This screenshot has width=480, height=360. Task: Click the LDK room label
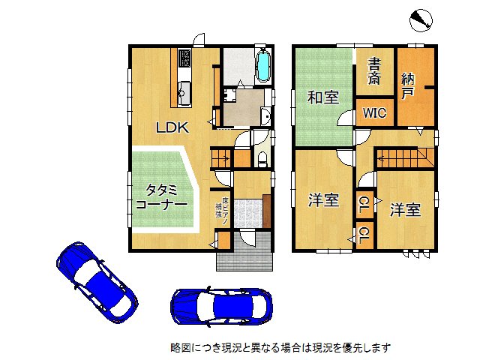tap(172, 127)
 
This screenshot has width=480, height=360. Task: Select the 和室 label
tap(322, 97)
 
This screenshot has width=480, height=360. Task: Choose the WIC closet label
tap(374, 113)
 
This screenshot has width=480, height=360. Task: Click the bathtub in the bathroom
tap(263, 66)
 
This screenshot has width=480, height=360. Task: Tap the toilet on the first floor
tap(262, 158)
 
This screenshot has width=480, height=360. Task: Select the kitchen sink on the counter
tap(184, 94)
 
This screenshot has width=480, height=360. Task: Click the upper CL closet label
tap(364, 202)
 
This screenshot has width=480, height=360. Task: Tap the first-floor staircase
tap(221, 158)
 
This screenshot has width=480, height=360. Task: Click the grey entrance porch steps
tap(247, 256)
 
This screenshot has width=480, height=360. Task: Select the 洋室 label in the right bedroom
tap(404, 210)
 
